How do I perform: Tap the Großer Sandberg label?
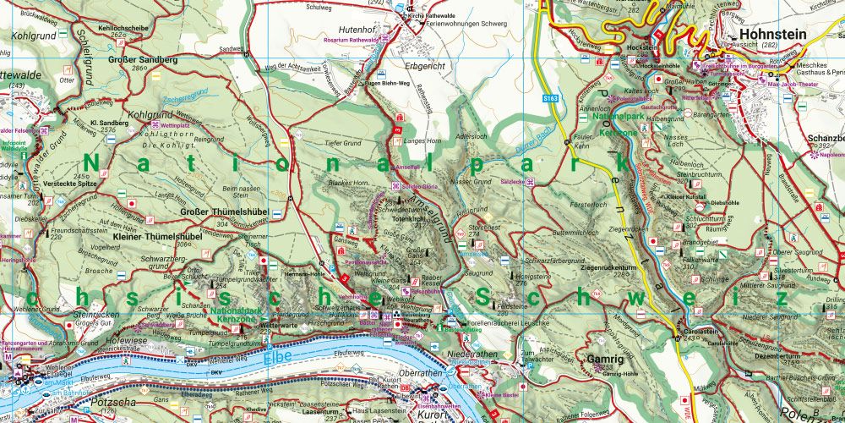click(x=143, y=60)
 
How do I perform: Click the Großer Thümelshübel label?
click(x=221, y=212)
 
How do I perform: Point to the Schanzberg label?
click(x=825, y=137)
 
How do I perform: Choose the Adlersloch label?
click(x=472, y=135)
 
